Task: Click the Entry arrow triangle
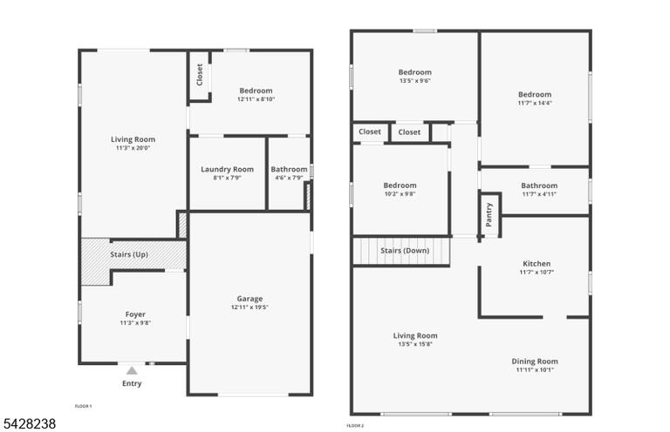coord(132,370)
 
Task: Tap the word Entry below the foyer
coord(132,383)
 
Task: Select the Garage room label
coord(250,299)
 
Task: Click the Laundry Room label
coord(228,169)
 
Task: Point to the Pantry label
coord(489,214)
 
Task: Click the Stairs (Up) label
coord(129,254)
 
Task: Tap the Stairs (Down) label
coord(405,250)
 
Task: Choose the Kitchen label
coord(537,264)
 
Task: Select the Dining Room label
coord(535,361)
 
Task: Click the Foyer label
coord(135,314)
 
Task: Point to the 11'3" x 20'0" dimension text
coord(133,148)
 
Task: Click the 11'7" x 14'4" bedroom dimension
coord(535,103)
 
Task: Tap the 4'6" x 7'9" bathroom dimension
coord(289,178)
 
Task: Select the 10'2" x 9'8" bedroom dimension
coord(400,193)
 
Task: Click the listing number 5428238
coord(30,423)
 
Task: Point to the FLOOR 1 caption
coord(84,407)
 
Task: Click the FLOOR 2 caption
coord(355,426)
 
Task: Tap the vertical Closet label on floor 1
coord(200,75)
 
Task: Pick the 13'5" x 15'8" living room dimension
coord(415,344)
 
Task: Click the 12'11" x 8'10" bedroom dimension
coord(256,99)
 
